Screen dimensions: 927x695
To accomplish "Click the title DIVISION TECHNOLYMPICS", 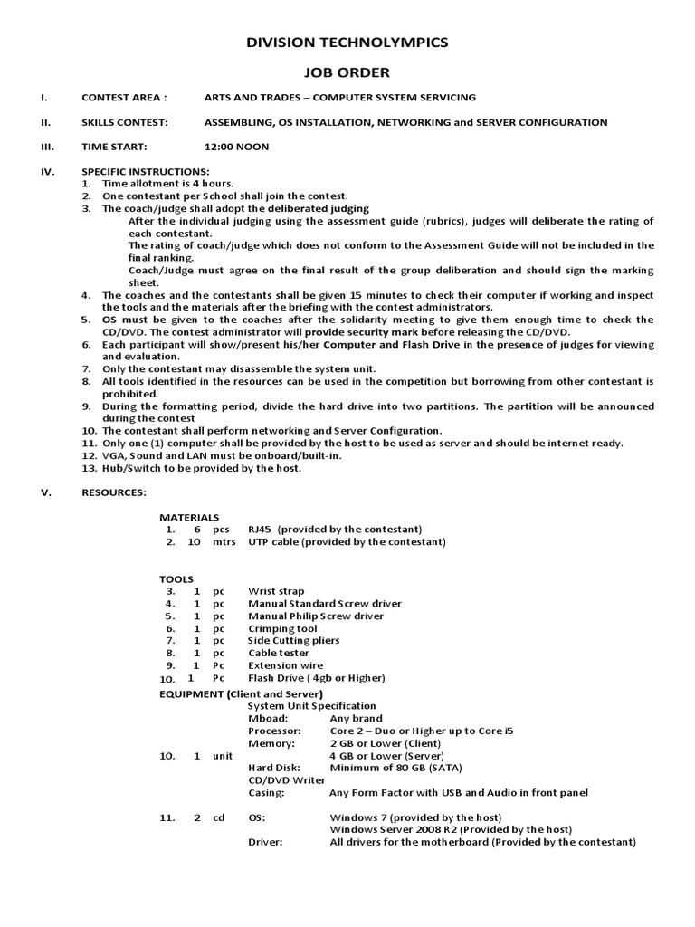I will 347,43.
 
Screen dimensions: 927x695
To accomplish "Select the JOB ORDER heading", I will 347,72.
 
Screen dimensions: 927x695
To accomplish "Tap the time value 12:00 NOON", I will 236,147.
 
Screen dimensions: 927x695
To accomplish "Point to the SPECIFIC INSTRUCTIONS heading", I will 146,171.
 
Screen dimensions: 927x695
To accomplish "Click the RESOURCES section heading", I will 113,492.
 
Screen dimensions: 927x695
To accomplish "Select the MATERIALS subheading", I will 189,517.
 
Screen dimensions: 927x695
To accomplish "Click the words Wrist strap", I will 276,591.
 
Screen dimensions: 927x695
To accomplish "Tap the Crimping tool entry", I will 282,628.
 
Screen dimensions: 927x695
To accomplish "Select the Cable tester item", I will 279,653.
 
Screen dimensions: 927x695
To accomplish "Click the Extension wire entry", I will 283,665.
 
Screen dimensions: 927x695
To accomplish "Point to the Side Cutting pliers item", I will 293,641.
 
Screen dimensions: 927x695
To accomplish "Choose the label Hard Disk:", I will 273,768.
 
